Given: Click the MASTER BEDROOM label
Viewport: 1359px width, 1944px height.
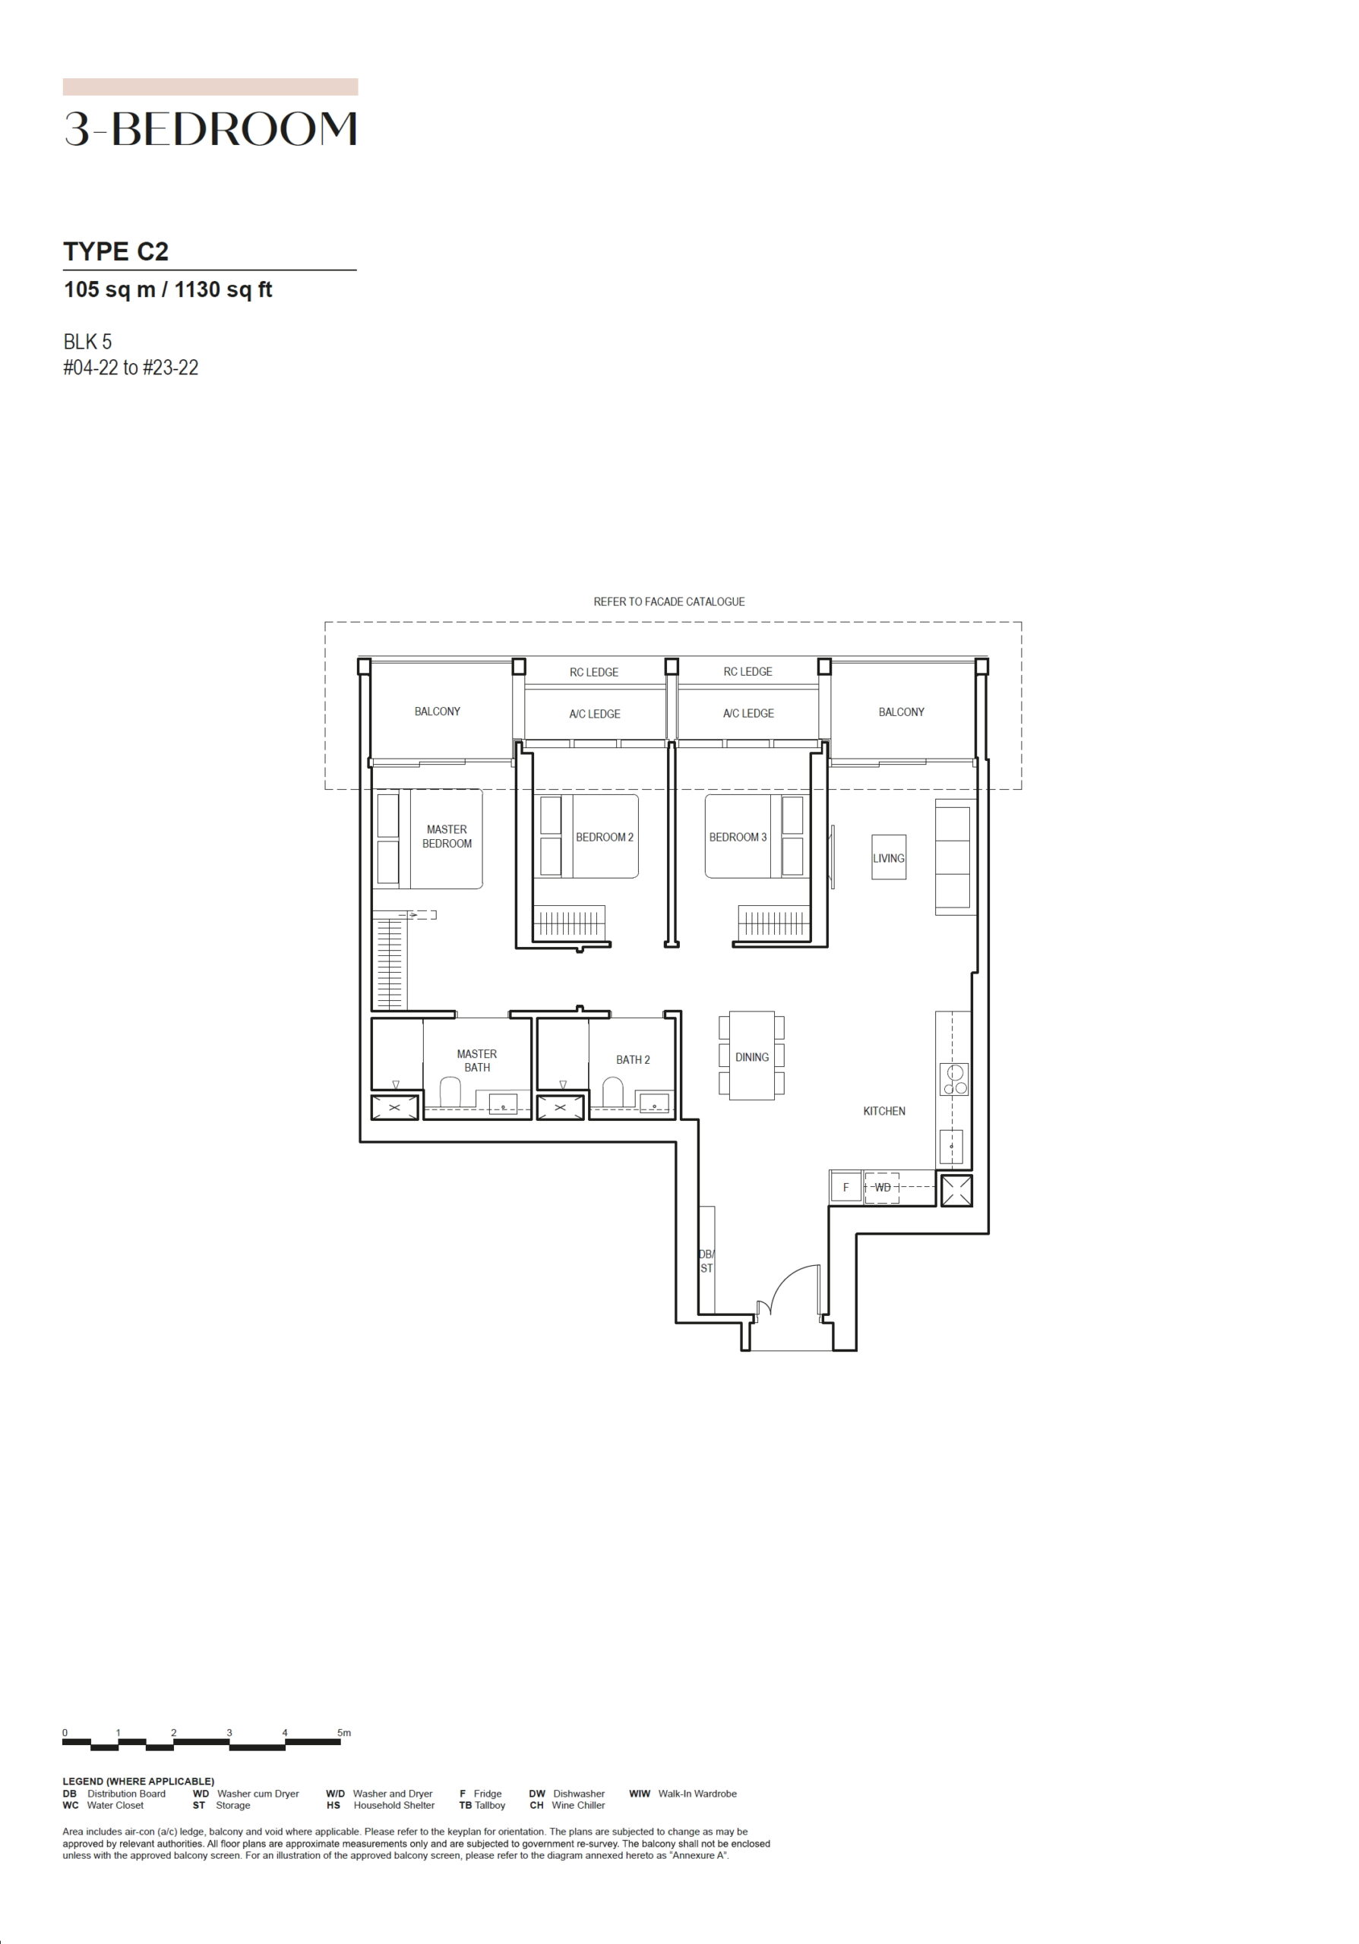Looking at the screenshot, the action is [x=446, y=837].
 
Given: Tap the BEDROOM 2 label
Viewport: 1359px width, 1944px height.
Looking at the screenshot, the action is [x=605, y=838].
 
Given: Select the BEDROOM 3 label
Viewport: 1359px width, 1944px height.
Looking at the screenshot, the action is [x=738, y=838].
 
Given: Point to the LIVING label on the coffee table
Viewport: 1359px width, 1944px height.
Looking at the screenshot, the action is [x=888, y=857].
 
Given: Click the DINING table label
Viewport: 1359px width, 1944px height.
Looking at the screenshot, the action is [x=752, y=1056].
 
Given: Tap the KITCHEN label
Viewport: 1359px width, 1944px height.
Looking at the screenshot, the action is [x=884, y=1111].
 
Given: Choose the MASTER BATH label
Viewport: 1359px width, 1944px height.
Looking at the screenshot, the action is [x=477, y=1060].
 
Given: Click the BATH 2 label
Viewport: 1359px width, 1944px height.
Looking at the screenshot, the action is [x=633, y=1059].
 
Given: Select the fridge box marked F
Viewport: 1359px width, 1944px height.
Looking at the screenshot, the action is [x=845, y=1188].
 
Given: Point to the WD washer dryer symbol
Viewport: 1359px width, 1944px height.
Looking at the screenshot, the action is [x=882, y=1188].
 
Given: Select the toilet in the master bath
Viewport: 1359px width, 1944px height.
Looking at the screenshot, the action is [x=450, y=1092].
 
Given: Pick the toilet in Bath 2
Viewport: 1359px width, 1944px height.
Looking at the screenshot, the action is [x=613, y=1092].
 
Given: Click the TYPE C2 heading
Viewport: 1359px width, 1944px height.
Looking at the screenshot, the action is [x=116, y=251].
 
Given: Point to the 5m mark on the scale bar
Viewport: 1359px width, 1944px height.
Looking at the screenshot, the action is [x=344, y=1733].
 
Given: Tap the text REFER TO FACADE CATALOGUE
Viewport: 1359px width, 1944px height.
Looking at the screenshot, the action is [x=669, y=602].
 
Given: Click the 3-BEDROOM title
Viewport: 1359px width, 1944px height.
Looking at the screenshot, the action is [x=210, y=130].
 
